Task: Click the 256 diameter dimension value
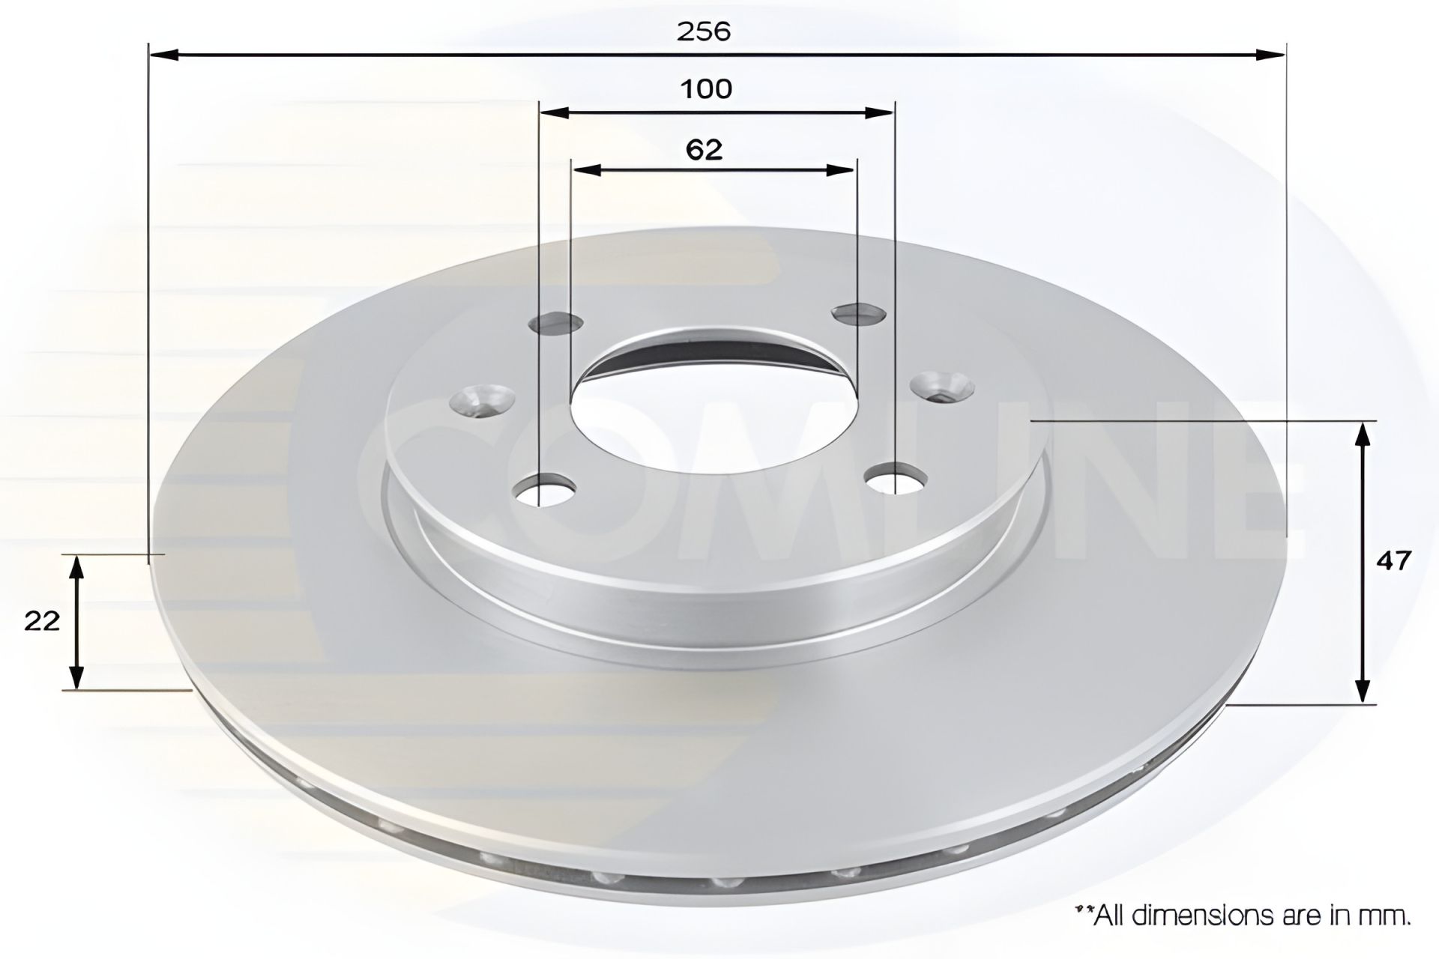point(703,31)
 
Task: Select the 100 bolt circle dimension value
point(705,89)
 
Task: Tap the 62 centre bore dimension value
point(705,150)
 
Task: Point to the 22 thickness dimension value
point(42,621)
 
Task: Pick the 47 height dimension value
point(1393,560)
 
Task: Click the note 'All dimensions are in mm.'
point(1243,916)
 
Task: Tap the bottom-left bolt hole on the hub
point(545,490)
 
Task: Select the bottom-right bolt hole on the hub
point(895,479)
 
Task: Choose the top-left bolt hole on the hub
point(555,323)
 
